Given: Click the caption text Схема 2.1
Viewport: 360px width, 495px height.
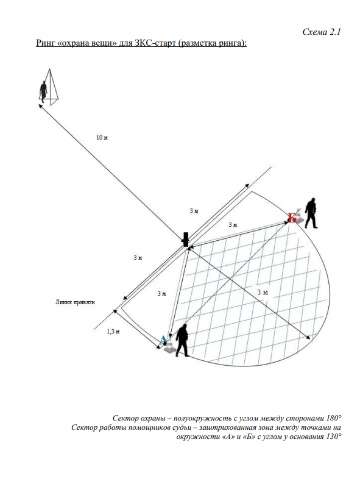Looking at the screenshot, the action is point(322,32).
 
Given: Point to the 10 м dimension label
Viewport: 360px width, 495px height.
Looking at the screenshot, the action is point(102,138).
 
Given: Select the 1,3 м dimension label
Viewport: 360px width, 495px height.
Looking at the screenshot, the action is point(113,332).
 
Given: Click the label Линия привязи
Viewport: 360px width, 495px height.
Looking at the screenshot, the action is point(75,302).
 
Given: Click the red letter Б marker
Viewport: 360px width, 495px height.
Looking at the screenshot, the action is point(292,218).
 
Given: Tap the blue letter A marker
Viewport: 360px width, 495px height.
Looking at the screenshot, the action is point(163,340).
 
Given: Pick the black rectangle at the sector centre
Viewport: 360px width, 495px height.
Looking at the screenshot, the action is point(186,240).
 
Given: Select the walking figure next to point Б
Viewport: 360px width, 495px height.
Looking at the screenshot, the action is point(311,213).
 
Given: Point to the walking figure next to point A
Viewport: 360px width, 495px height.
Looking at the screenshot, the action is point(182,340).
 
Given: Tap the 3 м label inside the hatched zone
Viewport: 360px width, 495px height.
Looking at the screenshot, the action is point(263,293).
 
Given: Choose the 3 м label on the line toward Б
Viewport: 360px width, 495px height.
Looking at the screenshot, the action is point(233,225).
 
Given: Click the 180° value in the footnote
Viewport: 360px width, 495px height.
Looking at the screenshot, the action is point(334,418).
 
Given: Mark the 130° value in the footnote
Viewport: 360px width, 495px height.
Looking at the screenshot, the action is point(334,436).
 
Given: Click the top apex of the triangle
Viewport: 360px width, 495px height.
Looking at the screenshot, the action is point(49,69).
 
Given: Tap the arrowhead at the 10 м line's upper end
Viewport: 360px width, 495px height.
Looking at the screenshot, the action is point(40,107).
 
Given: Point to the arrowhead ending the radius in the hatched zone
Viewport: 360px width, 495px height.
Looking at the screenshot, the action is point(309,338).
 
